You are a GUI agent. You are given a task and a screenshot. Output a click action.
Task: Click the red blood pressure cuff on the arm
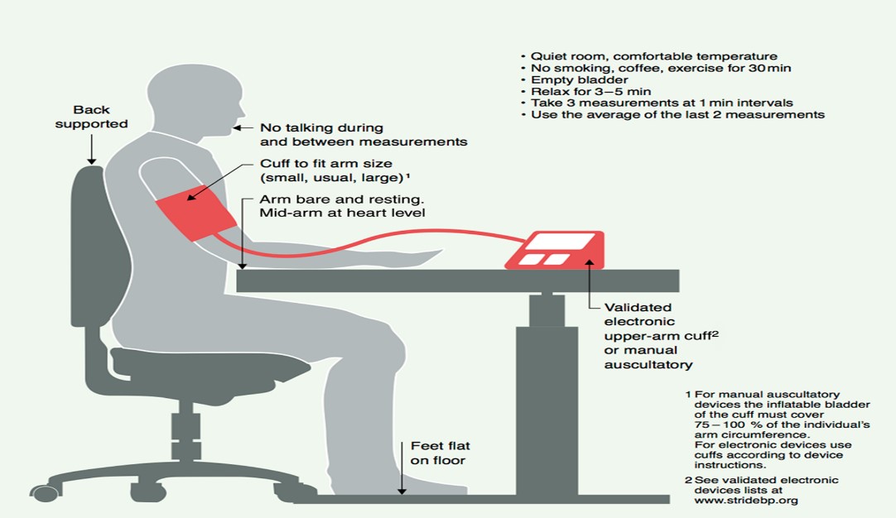[x=196, y=213]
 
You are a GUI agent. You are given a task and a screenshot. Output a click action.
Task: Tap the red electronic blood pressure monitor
[x=555, y=250]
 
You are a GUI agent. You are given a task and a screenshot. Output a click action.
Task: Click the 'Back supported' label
[x=91, y=117]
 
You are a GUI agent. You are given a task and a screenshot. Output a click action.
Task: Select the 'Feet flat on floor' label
[x=440, y=453]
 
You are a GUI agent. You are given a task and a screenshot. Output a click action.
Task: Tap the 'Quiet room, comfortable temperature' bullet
[x=649, y=56]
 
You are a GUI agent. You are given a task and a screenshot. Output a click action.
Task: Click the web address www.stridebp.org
[x=746, y=501]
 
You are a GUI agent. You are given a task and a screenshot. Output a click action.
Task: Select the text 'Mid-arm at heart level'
[x=342, y=213]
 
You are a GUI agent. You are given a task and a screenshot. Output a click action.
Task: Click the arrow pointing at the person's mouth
[x=243, y=128]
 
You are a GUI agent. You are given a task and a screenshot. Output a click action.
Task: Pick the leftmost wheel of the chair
[x=45, y=492]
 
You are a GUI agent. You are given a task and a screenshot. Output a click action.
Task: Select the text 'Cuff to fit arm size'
[x=325, y=163]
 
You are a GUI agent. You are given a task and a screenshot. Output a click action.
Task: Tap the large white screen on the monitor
[x=561, y=241]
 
